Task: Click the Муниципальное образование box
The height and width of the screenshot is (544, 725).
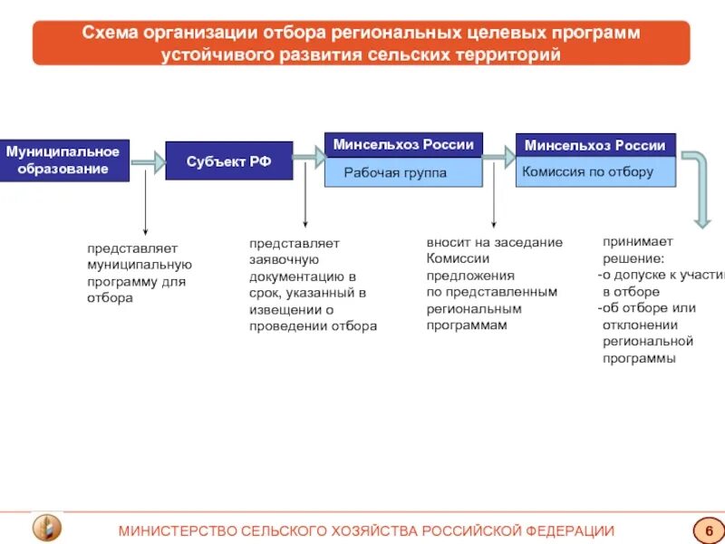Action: [63, 160]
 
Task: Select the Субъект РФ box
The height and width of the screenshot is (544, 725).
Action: [228, 160]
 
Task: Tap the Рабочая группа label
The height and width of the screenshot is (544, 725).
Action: [395, 172]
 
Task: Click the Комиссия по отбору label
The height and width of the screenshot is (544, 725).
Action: [588, 171]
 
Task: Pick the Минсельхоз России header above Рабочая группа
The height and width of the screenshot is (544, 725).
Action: [403, 145]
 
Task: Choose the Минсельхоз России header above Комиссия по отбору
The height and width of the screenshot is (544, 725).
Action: [595, 145]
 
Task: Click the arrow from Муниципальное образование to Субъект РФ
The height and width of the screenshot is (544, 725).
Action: [149, 162]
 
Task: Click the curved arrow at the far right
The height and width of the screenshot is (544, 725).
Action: [701, 187]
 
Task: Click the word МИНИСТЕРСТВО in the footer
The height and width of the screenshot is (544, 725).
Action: [174, 530]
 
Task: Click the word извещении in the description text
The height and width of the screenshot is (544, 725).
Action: [285, 310]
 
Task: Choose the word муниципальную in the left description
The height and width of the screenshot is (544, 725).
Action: [140, 265]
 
